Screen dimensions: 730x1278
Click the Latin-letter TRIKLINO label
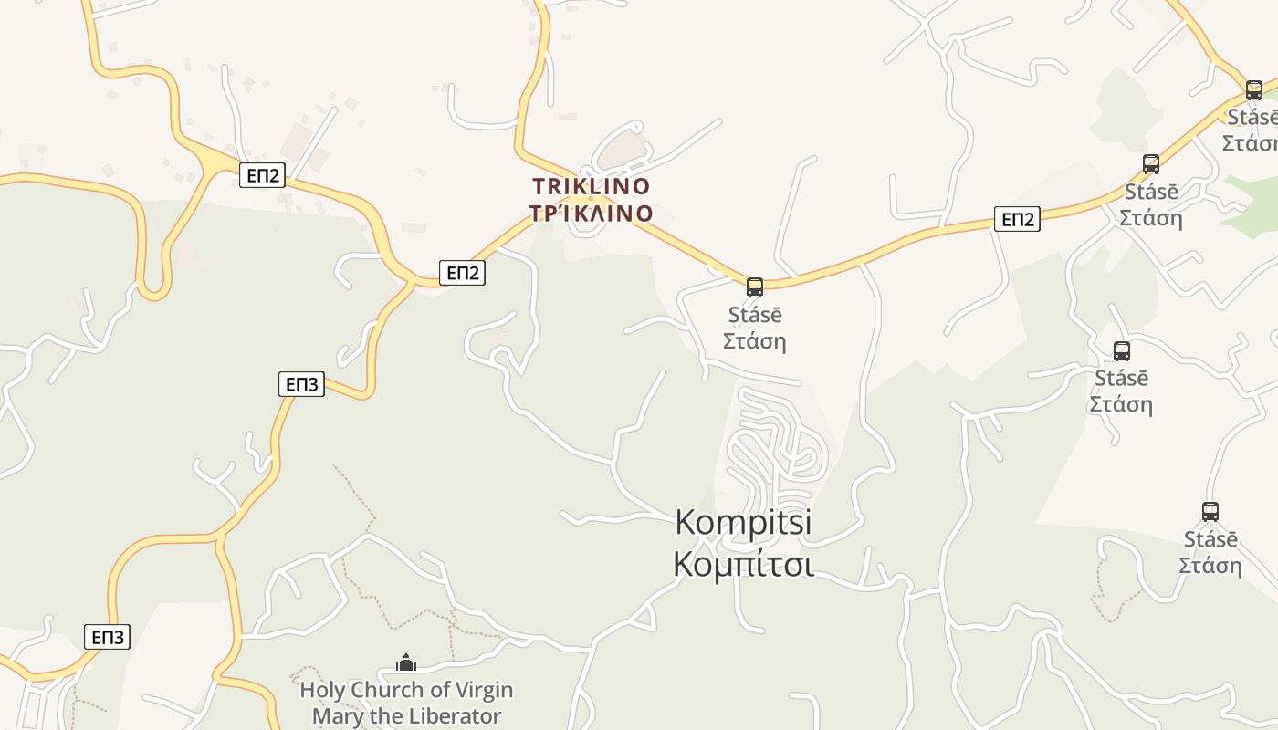[592, 186]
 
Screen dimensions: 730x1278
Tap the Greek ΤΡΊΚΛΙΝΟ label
[592, 214]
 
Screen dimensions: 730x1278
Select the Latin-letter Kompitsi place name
[743, 522]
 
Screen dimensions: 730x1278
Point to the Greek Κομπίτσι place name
[743, 564]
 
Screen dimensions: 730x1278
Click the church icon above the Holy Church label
[406, 662]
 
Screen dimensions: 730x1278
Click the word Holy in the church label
[322, 690]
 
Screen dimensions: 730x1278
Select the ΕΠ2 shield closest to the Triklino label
[462, 273]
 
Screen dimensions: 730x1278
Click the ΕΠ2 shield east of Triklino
[1017, 219]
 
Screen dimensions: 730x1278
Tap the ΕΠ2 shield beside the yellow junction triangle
[263, 175]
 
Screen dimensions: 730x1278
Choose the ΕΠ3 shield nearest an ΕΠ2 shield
[301, 384]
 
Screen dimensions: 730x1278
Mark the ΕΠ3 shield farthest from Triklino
[108, 637]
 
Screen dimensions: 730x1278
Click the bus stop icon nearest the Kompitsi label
[755, 287]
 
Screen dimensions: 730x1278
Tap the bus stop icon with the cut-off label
[1254, 89]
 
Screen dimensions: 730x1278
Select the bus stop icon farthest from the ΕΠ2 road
[1210, 512]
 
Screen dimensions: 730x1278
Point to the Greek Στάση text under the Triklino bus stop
[755, 341]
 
